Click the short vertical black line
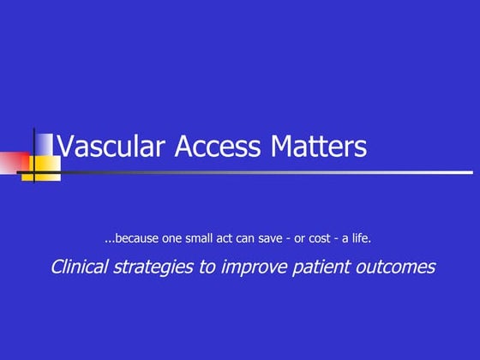coord(34,154)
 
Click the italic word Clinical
coord(80,267)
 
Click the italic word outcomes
coord(393,267)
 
